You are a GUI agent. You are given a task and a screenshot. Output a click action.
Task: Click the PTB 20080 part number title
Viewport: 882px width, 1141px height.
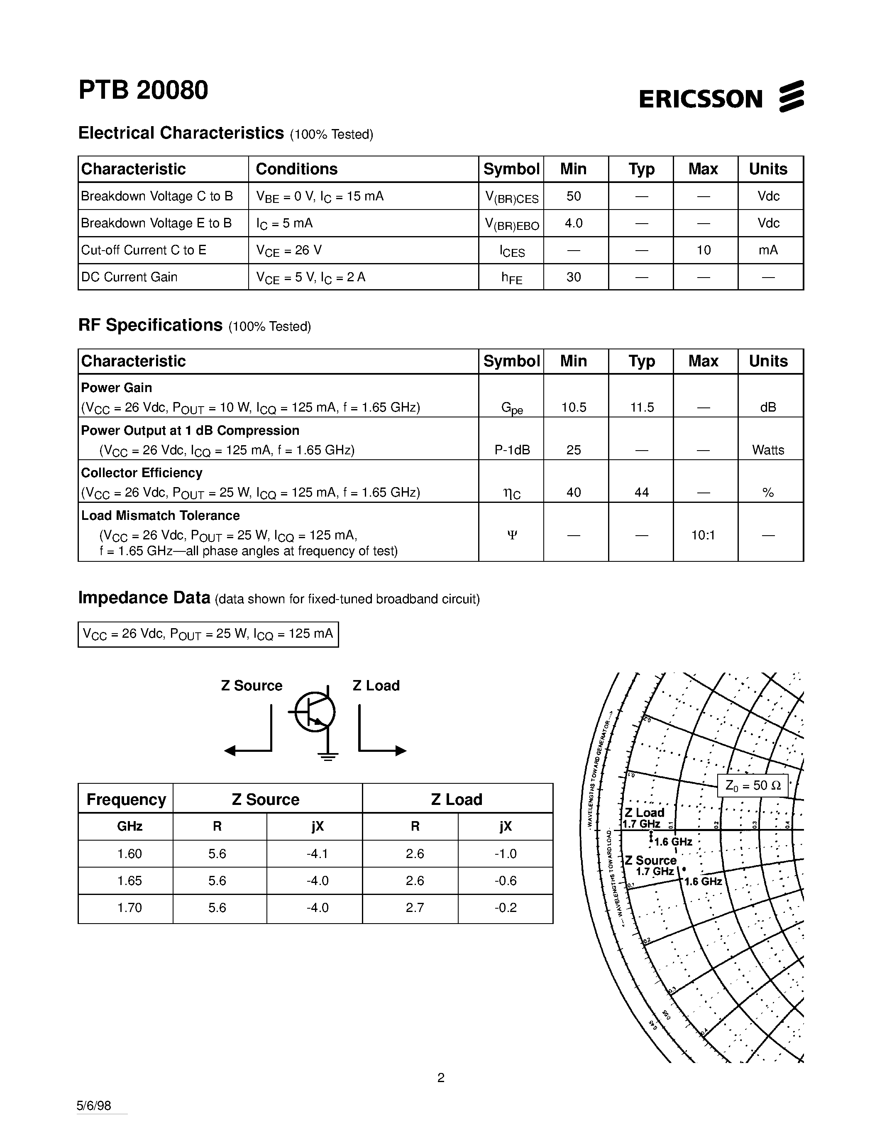(143, 90)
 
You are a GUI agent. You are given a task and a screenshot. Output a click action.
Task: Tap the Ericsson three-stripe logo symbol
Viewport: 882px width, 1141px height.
(791, 97)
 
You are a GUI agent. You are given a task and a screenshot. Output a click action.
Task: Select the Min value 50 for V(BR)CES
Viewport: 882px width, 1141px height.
(573, 196)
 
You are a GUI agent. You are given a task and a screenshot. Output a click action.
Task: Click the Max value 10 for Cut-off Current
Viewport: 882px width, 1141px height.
(703, 250)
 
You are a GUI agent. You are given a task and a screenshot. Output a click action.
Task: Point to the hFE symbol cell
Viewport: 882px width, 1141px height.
(511, 278)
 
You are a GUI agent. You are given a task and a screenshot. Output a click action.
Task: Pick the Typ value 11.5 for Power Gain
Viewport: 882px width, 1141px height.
(641, 407)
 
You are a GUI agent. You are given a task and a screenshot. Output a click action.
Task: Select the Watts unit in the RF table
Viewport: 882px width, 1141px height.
(767, 450)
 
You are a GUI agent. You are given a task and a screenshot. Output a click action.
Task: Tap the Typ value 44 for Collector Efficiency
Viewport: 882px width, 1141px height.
(641, 492)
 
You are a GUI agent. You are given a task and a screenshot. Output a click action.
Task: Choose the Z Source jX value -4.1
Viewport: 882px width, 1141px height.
(317, 853)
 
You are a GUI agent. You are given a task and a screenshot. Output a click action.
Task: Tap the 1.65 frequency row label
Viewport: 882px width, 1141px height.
(129, 881)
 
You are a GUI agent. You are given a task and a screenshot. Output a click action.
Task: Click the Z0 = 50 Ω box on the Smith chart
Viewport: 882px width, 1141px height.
(753, 786)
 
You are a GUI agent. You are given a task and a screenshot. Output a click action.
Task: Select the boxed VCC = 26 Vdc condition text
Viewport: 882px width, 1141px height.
(208, 634)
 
